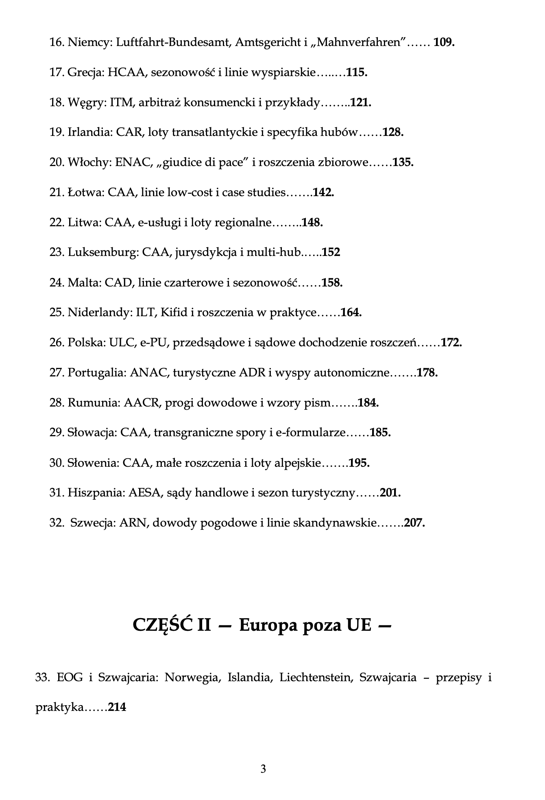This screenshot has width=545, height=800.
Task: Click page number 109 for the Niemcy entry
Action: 444,42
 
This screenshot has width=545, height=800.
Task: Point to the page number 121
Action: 361,103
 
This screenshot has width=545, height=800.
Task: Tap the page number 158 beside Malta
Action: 332,283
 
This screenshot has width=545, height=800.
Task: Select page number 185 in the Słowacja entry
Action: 380,433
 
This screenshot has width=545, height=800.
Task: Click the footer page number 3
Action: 263,769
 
